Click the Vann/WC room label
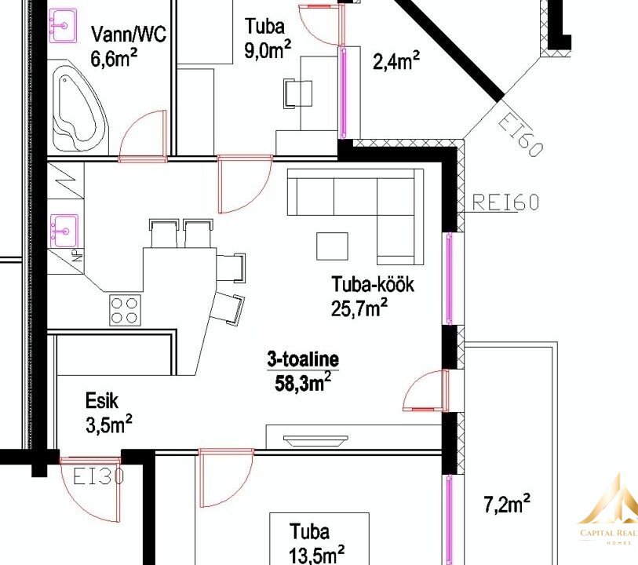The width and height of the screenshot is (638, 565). click(129, 34)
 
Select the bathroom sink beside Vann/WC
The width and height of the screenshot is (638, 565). click(63, 26)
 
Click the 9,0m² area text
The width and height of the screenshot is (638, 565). click(268, 50)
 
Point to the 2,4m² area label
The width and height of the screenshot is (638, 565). click(396, 61)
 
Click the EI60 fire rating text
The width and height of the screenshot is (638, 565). click(520, 135)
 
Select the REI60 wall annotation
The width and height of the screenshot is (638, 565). click(505, 202)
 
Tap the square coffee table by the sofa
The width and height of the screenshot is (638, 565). click(333, 246)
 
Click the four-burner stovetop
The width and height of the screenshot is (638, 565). click(125, 311)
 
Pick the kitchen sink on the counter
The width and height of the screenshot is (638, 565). click(64, 231)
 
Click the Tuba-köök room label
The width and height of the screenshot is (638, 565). click(373, 284)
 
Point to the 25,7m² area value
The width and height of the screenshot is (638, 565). click(359, 308)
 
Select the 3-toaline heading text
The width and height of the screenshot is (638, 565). click(303, 359)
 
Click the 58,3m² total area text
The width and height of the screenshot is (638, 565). click(303, 382)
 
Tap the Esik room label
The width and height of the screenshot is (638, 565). click(102, 401)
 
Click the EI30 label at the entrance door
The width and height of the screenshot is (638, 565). click(98, 476)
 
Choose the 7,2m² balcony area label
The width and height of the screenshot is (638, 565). click(507, 504)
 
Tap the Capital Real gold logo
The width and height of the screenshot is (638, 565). click(609, 512)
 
